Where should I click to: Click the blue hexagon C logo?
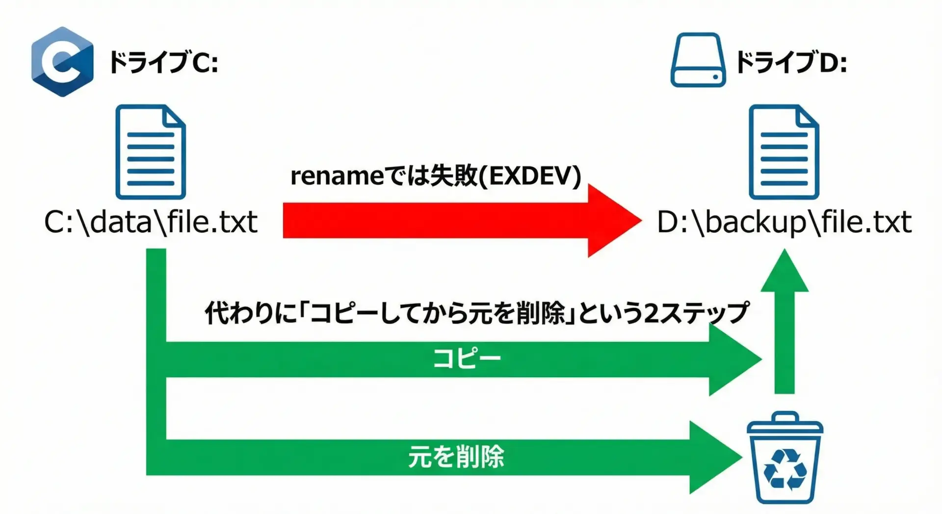point(62,62)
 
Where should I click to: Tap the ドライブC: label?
point(163,63)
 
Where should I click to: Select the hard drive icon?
point(698,60)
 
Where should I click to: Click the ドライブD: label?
point(791,63)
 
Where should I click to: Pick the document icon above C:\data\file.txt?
point(151,152)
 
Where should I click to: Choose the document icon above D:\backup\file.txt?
point(784,152)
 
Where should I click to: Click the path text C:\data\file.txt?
point(151,222)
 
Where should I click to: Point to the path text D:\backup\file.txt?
point(784,222)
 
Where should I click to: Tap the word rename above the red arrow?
point(337,176)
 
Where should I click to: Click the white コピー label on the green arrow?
point(467,359)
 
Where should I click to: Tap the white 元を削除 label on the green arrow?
point(456,457)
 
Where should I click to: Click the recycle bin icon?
point(785,459)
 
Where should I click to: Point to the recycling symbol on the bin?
point(785,470)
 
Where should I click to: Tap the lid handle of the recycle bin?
point(785,417)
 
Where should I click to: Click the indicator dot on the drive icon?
point(716,77)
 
